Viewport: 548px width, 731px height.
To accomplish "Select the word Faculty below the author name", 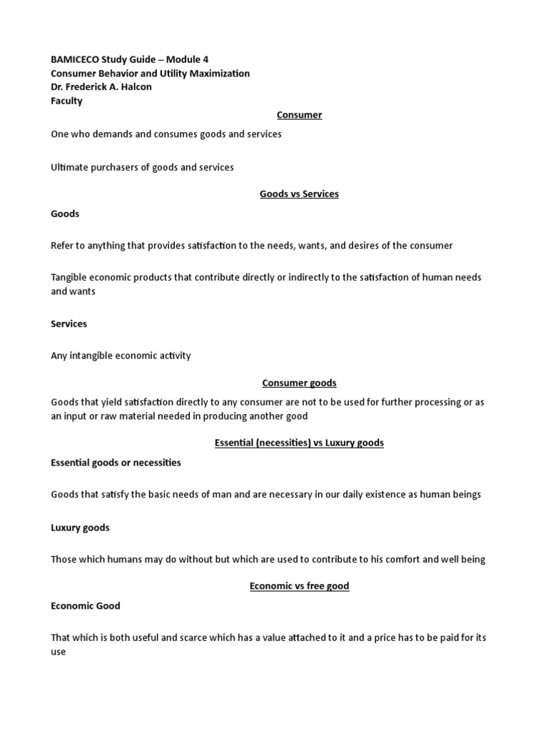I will [66, 101].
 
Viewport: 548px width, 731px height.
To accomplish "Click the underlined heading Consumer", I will [299, 115].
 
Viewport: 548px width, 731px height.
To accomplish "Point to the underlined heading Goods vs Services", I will [299, 194].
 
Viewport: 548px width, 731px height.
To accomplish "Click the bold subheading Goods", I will [65, 213].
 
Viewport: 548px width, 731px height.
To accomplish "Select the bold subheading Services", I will [68, 323].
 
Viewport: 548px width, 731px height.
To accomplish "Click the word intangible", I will [97, 356].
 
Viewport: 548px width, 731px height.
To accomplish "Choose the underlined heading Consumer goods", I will [299, 383].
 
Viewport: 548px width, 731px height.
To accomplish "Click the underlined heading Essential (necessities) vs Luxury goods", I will [299, 443].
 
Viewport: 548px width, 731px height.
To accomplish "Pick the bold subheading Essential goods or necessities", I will [116, 463].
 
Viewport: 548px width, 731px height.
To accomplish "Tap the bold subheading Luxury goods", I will [80, 528].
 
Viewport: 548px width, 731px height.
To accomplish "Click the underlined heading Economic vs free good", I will [299, 586].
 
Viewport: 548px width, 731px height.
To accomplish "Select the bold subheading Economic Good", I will [86, 605].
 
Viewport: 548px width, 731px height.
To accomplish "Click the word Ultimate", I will [71, 167].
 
